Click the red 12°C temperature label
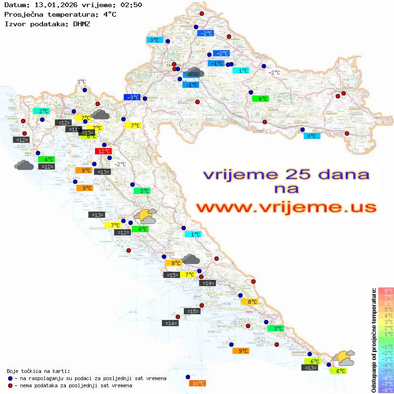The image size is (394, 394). click(104, 151)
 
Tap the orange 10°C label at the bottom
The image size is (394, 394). click(198, 383)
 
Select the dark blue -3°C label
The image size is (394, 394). click(132, 97)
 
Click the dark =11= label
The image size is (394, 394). click(73, 129)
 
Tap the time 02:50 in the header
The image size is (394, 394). click(131, 5)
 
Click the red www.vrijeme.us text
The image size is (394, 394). click(286, 208)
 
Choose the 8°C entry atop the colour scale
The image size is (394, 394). click(386, 290)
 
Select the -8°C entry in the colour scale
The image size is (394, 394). click(386, 390)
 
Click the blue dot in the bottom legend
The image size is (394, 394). click(11, 378)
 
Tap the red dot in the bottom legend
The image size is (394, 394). click(11, 385)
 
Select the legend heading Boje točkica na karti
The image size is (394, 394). click(38, 371)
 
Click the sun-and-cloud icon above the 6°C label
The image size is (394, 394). click(344, 358)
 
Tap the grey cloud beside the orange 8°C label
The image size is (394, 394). click(191, 259)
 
